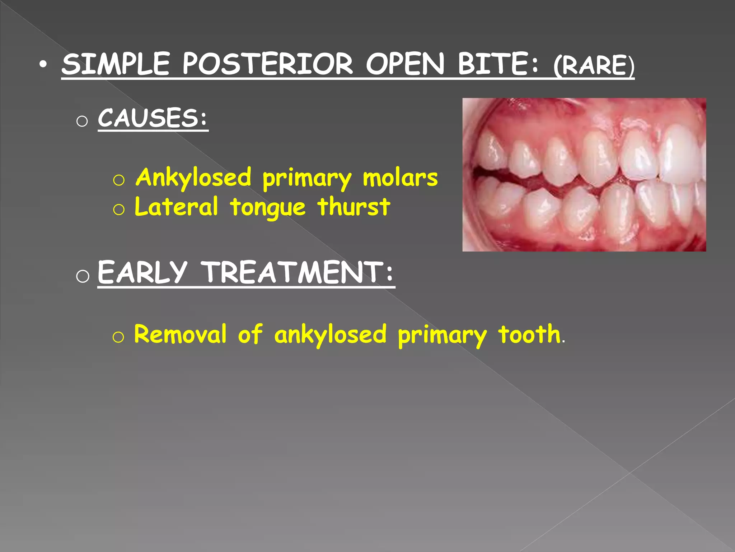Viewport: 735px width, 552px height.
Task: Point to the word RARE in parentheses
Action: [594, 65]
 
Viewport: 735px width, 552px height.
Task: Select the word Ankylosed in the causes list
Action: [194, 178]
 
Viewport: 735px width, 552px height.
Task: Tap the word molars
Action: [400, 178]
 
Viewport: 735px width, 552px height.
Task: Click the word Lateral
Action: [176, 207]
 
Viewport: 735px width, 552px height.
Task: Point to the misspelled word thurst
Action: [354, 207]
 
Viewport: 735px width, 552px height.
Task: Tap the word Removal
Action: [181, 334]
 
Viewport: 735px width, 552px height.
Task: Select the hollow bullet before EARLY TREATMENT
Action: [83, 276]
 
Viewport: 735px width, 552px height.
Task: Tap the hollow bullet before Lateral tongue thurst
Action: [118, 209]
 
